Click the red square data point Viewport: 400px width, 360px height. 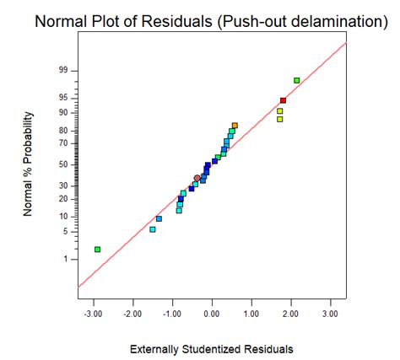pos(284,100)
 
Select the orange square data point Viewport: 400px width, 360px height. pos(235,126)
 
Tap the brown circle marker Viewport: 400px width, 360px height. pos(197,178)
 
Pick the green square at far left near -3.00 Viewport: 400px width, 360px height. pos(98,249)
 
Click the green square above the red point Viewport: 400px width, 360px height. pos(297,80)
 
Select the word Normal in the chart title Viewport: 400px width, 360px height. pos(61,20)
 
